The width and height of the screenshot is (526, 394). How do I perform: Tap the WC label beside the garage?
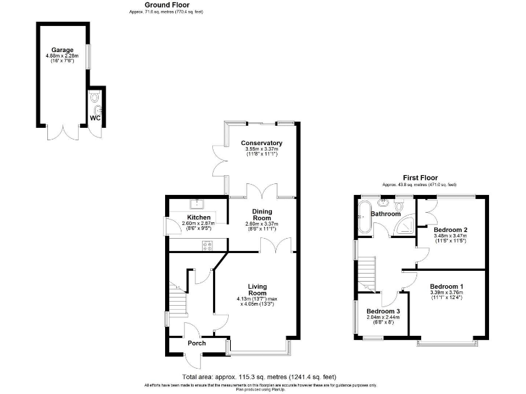click(x=95, y=118)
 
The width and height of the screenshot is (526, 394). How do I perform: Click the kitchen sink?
click(x=198, y=202)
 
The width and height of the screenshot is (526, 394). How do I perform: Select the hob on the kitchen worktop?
click(x=204, y=244)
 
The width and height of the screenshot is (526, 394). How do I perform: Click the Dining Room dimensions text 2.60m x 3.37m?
click(x=263, y=223)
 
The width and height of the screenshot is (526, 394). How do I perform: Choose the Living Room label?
click(x=258, y=289)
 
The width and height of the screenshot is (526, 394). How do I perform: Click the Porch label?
click(x=197, y=343)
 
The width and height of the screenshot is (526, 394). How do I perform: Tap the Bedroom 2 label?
click(x=450, y=230)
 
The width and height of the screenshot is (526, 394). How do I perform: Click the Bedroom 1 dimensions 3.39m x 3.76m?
click(x=447, y=293)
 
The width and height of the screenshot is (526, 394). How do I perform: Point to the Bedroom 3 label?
click(x=384, y=311)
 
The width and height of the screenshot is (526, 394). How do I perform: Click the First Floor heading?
click(x=418, y=177)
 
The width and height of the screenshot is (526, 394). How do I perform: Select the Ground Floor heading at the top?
click(x=167, y=5)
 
